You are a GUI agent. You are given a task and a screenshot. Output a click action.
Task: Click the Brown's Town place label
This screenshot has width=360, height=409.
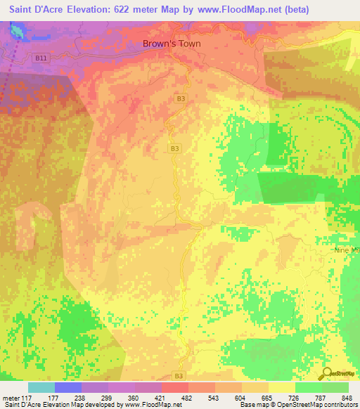172,44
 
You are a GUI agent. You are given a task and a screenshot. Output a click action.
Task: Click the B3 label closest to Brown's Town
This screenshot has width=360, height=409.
181,99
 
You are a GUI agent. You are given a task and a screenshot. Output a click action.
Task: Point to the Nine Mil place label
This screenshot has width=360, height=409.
345,249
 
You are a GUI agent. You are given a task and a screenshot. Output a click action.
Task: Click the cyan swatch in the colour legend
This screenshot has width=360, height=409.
41,387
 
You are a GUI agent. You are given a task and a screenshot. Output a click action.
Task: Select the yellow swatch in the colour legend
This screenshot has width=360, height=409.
282,387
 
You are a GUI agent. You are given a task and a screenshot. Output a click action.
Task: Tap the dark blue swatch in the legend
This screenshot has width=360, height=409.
68,387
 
